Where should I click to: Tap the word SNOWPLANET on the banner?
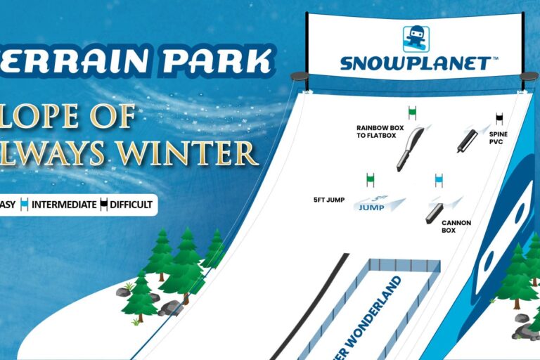coord(415,63)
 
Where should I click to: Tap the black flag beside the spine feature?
coord(499,118)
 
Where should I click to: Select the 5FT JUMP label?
coord(329,200)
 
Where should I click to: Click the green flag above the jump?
coord(370,179)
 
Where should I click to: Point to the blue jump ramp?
coord(380,205)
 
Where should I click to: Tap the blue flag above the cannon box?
coord(439,179)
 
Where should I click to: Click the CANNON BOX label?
coord(456,226)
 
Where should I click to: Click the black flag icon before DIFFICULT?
coord(103,205)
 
